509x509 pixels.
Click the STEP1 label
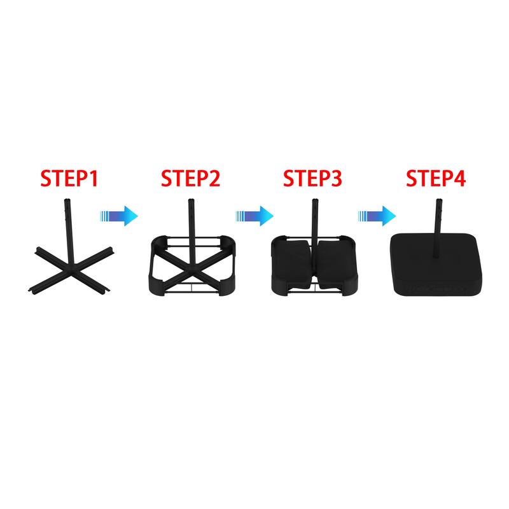(69, 178)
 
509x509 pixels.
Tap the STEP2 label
(190, 178)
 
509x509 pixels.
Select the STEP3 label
(312, 178)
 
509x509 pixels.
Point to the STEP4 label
(436, 178)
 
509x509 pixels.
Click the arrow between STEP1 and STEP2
(119, 216)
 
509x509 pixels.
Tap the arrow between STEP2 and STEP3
(254, 216)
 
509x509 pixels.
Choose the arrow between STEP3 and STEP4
(377, 216)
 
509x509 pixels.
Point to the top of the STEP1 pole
(67, 200)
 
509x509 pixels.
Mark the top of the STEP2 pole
(192, 200)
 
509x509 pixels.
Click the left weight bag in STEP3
(292, 261)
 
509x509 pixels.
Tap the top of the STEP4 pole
(439, 200)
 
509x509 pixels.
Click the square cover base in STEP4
(436, 265)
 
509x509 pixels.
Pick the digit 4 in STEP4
(459, 179)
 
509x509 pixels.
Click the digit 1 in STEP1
(94, 179)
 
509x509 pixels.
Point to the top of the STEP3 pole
(314, 200)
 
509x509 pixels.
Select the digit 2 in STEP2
(214, 179)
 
